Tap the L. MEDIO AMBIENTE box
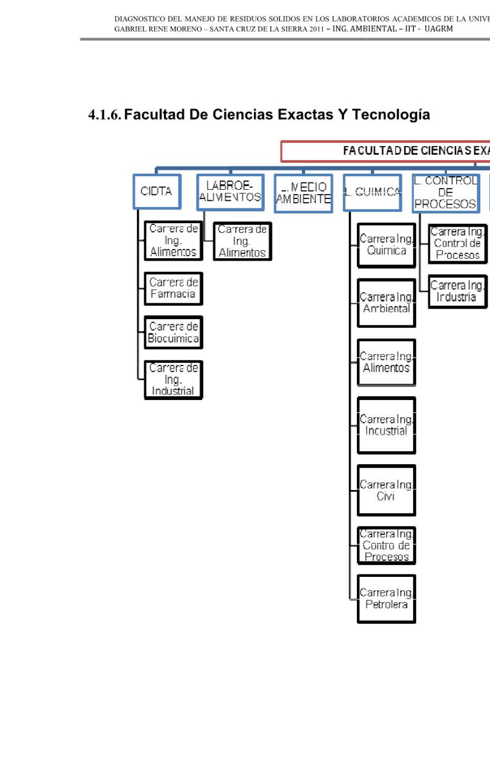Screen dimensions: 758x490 303,193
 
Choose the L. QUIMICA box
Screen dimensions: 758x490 372,193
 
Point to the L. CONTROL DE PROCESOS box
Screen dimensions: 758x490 445,193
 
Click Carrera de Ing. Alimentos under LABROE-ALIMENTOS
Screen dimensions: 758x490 242,241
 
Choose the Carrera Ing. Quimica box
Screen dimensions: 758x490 386,245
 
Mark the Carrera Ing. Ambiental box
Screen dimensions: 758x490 386,303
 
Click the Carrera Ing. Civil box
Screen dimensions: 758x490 386,490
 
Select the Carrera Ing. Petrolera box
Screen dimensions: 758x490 386,599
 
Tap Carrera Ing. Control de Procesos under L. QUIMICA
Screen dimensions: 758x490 386,545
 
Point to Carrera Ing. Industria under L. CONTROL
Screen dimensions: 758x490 457,291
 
